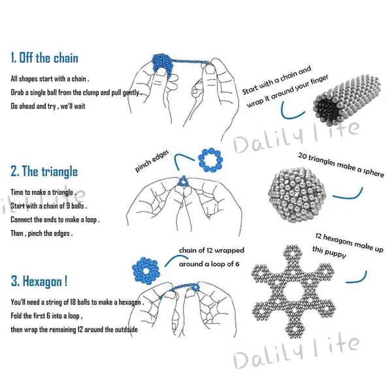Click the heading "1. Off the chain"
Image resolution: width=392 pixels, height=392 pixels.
pyautogui.click(x=44, y=57)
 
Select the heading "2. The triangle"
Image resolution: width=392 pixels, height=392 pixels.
pyautogui.click(x=44, y=171)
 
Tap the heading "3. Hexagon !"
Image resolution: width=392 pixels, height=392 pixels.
pyautogui.click(x=39, y=281)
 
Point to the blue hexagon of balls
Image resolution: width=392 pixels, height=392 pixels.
pyautogui.click(x=146, y=271)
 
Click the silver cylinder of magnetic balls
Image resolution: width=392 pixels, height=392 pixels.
pyautogui.click(x=347, y=99)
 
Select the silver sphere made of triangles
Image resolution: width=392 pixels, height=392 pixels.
pyautogui.click(x=297, y=195)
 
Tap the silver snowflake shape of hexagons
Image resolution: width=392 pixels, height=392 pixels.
pyautogui.click(x=293, y=291)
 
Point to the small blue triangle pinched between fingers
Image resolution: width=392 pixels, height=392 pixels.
pyautogui.click(x=183, y=181)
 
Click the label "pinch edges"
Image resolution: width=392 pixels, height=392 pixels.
pyautogui.click(x=152, y=161)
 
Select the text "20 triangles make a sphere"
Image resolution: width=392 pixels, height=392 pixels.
pyautogui.click(x=341, y=165)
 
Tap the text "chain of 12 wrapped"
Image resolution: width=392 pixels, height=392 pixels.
pyautogui.click(x=212, y=250)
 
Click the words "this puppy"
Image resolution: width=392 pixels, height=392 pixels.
pyautogui.click(x=329, y=252)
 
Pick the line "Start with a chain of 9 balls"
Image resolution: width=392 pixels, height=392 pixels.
pyautogui.click(x=48, y=206)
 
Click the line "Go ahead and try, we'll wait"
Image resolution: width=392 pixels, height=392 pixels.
pyautogui.click(x=48, y=106)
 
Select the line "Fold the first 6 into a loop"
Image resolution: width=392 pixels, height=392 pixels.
pyautogui.click(x=46, y=316)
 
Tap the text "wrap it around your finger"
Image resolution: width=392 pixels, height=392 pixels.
pyautogui.click(x=287, y=91)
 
